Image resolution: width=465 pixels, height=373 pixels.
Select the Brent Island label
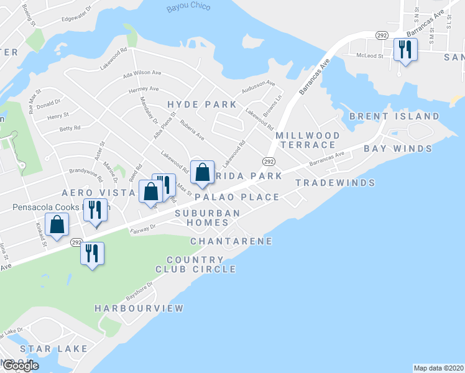[x=394, y=116]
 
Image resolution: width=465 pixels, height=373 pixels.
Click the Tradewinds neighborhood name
[x=335, y=183]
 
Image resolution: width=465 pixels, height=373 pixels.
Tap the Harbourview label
[x=139, y=308]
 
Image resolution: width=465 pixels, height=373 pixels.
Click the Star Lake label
[x=53, y=349]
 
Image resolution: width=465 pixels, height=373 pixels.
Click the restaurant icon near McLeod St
[x=405, y=49]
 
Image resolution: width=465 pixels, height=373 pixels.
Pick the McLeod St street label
[x=371, y=55]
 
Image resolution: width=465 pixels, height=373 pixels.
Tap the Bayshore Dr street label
[x=139, y=289]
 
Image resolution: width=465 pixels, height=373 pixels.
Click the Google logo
[x=21, y=366]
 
